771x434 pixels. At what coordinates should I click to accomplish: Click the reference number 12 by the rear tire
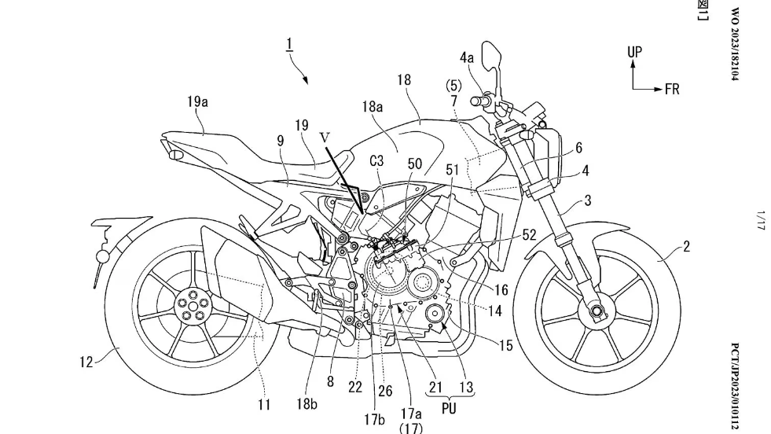click(x=86, y=362)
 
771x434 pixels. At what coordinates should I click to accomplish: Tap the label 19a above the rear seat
click(x=198, y=101)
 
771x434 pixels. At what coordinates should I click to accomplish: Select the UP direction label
click(x=634, y=52)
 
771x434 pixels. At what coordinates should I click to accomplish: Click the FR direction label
click(x=672, y=90)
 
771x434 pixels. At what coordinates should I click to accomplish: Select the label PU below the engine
click(x=449, y=409)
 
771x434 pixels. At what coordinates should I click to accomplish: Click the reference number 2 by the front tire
click(x=686, y=247)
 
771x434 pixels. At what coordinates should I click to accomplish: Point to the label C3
click(x=376, y=161)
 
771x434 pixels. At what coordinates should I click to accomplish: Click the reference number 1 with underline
click(x=289, y=46)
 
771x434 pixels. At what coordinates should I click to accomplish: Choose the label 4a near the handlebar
click(x=467, y=57)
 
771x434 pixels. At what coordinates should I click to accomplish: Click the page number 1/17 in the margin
click(x=761, y=219)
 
